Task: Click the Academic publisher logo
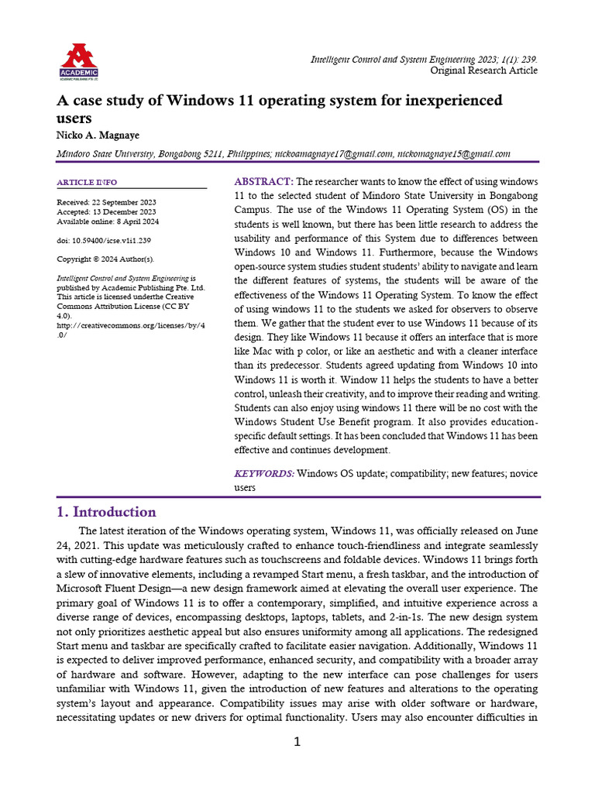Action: click(78, 62)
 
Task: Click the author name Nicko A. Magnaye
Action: click(98, 135)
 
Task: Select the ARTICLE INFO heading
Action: click(87, 183)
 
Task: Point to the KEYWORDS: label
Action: click(264, 473)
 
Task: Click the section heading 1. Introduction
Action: click(106, 512)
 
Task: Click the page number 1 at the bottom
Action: click(297, 743)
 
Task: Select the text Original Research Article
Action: click(483, 70)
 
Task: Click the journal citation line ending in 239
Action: click(424, 59)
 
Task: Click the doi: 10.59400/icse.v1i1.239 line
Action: click(104, 240)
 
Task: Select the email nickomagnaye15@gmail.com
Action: click(454, 154)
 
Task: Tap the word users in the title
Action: click(75, 118)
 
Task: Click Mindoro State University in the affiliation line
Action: click(106, 154)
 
